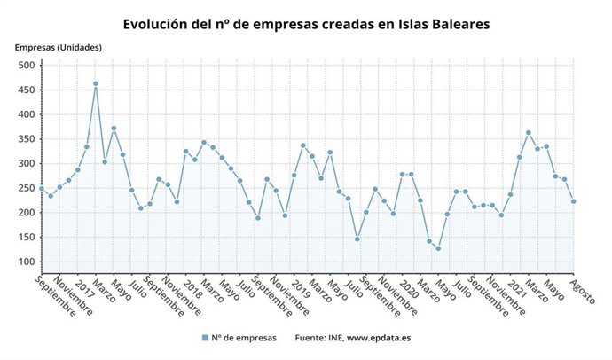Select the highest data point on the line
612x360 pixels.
coord(96,84)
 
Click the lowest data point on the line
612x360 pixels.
coord(438,248)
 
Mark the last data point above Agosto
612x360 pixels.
coord(574,201)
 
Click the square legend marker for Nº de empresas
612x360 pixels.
coord(205,338)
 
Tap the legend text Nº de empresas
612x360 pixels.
coord(244,338)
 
